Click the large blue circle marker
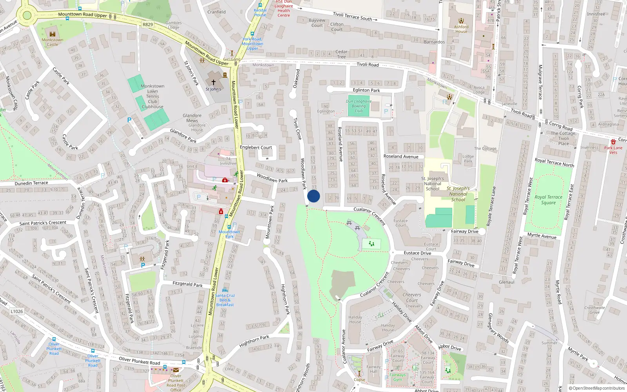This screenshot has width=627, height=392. tap(313, 196)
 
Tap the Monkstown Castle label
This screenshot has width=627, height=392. tap(53, 42)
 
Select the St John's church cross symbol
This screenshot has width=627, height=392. tap(214, 82)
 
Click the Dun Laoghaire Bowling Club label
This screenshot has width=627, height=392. tap(359, 106)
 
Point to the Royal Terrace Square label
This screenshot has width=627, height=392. tap(548, 200)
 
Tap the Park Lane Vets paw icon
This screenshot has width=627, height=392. tap(613, 142)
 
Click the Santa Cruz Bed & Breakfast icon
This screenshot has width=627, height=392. tap(225, 290)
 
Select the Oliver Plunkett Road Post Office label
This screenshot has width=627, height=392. tap(176, 383)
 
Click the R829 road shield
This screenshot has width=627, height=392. tap(148, 25)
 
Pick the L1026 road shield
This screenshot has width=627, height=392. tap(16, 311)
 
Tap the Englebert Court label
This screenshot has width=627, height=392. tap(256, 147)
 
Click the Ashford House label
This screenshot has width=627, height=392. tap(461, 29)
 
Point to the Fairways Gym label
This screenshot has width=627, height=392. tap(398, 377)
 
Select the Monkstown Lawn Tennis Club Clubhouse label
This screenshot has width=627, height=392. tap(152, 96)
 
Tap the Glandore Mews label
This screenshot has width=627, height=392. tap(192, 118)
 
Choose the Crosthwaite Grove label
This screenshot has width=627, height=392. tap(594, 310)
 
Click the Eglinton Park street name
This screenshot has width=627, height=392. tap(366, 90)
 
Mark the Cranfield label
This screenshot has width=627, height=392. tap(216, 12)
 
